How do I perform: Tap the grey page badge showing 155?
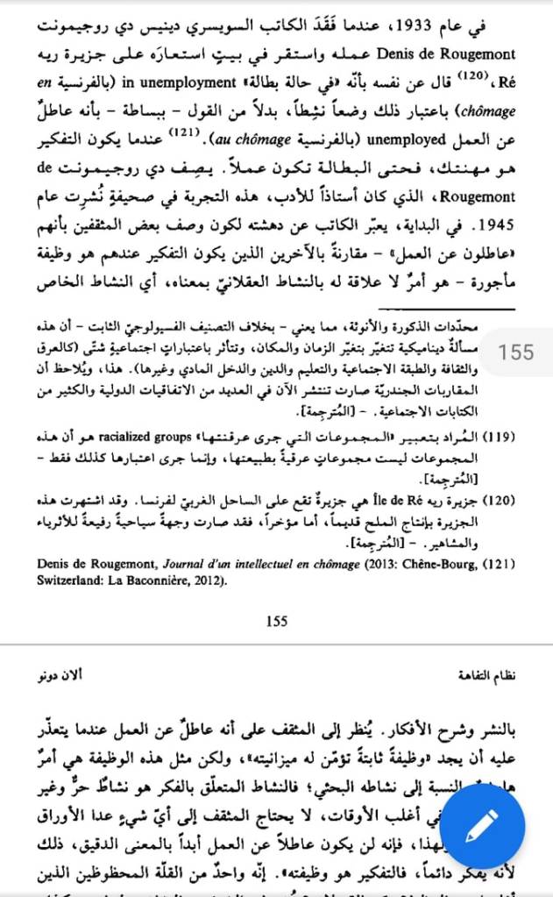click(x=516, y=352)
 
